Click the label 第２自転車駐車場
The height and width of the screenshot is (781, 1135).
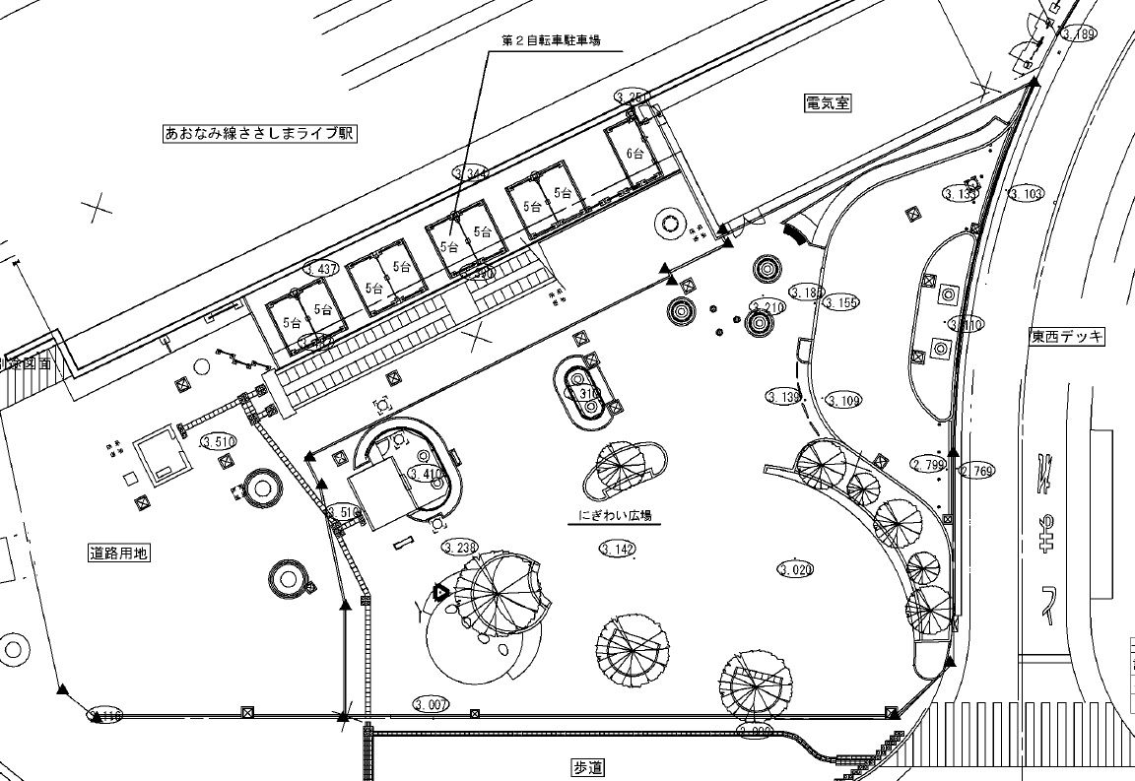point(551,40)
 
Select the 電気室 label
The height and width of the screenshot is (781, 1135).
point(827,101)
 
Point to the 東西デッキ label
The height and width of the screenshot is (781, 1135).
point(1067,337)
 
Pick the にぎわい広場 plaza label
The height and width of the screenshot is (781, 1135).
point(614,515)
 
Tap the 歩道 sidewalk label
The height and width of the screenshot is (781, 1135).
point(586,766)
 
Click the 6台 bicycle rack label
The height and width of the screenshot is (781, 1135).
point(635,154)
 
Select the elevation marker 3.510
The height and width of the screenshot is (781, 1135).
point(218,441)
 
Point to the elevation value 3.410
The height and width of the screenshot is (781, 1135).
point(426,475)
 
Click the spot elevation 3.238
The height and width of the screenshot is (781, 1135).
point(460,548)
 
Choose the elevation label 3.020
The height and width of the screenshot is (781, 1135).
point(796,569)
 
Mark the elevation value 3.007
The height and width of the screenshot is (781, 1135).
point(432,704)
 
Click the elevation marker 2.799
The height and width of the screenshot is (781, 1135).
point(928,464)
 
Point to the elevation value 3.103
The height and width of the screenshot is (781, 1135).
point(1026,194)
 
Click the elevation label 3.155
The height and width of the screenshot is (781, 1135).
point(842,302)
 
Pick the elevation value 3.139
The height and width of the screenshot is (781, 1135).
point(783,397)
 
